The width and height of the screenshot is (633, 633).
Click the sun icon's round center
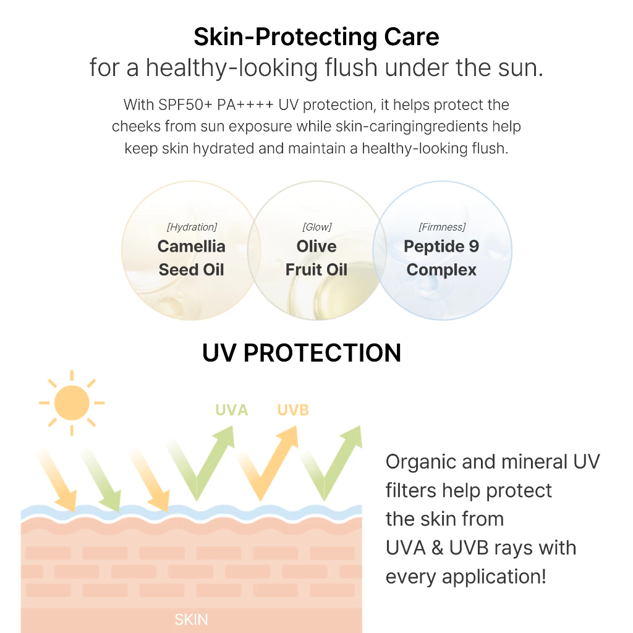click(72, 403)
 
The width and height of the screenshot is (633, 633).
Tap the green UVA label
click(231, 410)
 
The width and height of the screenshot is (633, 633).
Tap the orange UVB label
click(293, 410)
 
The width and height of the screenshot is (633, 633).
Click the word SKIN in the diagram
click(192, 619)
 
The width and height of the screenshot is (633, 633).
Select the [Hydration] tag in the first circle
click(192, 227)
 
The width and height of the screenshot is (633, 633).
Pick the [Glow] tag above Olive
click(317, 227)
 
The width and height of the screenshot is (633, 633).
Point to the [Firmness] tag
click(442, 227)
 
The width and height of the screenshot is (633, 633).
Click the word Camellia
click(192, 246)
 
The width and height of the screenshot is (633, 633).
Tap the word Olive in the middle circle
click(316, 246)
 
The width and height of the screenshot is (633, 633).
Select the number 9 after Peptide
click(474, 246)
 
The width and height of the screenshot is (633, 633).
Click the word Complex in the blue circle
click(441, 270)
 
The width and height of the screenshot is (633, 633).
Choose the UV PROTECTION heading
click(302, 353)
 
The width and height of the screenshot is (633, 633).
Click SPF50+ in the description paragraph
click(185, 105)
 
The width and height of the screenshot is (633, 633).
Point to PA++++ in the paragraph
click(245, 105)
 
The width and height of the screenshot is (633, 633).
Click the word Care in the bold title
click(411, 36)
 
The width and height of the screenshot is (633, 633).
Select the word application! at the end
click(494, 577)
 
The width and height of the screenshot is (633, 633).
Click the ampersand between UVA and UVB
click(437, 548)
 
